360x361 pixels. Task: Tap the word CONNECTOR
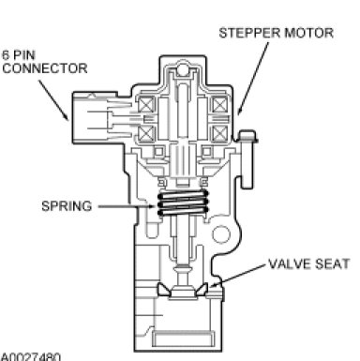pyautogui.click(x=45, y=68)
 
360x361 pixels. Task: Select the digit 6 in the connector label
pyautogui.click(x=6, y=55)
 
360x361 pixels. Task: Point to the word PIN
pyautogui.click(x=24, y=55)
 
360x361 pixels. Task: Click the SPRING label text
pyautogui.click(x=67, y=206)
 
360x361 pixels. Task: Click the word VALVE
pyautogui.click(x=289, y=264)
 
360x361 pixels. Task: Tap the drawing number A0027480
pyautogui.click(x=31, y=357)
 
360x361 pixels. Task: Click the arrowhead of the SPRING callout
pyautogui.click(x=152, y=206)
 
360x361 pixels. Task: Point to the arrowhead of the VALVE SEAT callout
pyautogui.click(x=213, y=284)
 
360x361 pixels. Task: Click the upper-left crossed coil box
pyautogui.click(x=146, y=105)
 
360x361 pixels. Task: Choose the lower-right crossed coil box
pyautogui.click(x=220, y=134)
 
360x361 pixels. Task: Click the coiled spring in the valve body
pyautogui.click(x=183, y=203)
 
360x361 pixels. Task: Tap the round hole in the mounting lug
pyautogui.click(x=221, y=234)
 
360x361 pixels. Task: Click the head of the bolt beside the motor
pyautogui.click(x=247, y=137)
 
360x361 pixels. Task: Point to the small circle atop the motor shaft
pyautogui.click(x=183, y=69)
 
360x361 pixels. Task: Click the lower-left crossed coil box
pyautogui.click(x=146, y=134)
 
